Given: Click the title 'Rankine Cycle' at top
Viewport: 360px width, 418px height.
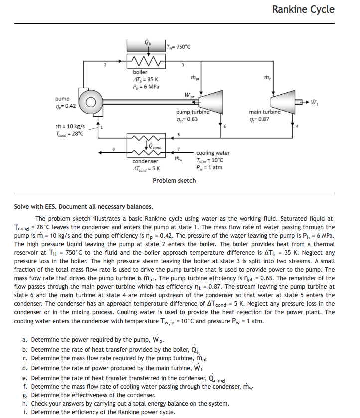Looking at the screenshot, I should coord(303,9).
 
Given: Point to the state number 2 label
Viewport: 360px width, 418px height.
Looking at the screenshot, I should coord(105,65).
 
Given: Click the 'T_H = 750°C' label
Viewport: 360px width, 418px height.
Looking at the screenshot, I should coord(179,47).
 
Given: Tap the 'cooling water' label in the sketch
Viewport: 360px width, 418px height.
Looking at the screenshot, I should coord(213,153).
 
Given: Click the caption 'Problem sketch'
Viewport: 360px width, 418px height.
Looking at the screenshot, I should coord(174,180).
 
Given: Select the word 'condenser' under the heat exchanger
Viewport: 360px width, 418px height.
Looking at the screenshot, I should coord(145,161).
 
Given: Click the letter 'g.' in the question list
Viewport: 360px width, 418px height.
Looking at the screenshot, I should coord(25,395).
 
